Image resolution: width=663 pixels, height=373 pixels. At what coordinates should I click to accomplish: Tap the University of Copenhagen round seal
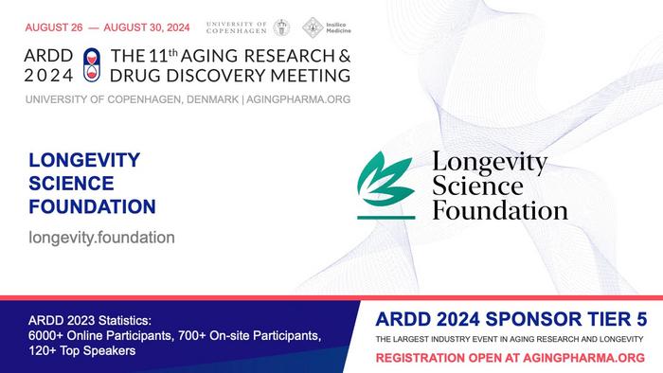282,27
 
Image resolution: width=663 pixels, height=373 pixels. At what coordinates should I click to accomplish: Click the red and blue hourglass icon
91,63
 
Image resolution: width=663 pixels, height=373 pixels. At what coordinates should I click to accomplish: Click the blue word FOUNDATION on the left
93,205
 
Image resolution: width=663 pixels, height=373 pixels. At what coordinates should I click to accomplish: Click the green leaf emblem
386,183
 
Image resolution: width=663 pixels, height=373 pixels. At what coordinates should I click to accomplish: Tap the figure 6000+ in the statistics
47,334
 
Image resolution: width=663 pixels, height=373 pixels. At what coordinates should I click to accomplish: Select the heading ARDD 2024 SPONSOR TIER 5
510,318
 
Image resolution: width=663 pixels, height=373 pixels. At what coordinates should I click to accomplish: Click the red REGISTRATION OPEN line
511,358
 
